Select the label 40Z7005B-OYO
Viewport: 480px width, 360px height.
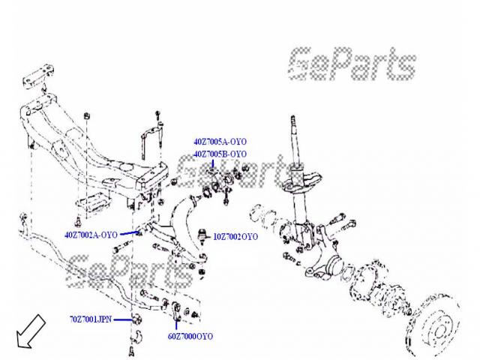click(x=220, y=154)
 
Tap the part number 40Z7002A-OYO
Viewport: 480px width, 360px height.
click(x=91, y=235)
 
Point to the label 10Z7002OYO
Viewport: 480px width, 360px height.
click(x=236, y=237)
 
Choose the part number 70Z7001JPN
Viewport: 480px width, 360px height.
click(x=90, y=319)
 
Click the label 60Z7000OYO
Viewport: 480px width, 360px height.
click(x=190, y=337)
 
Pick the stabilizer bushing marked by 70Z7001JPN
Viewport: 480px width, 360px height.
click(x=137, y=321)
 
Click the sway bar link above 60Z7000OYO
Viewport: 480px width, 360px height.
click(x=175, y=311)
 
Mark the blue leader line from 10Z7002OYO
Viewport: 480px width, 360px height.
click(x=209, y=237)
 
